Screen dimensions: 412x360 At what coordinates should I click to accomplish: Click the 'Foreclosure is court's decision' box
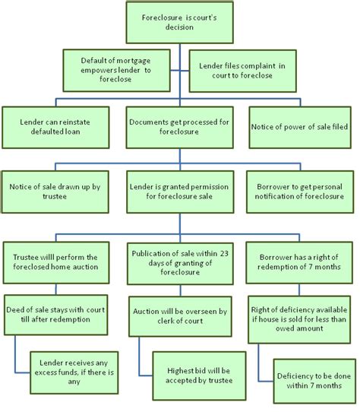pos(179,22)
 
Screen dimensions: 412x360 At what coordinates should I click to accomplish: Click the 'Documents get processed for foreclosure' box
pos(179,125)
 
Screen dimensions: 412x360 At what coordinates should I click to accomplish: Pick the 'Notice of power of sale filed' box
pos(299,125)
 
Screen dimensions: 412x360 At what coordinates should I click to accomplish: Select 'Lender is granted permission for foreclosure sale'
pos(179,190)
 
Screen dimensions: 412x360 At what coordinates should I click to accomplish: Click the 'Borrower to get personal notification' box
pos(299,190)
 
